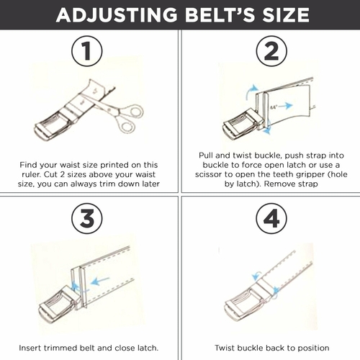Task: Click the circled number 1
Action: click(x=87, y=51)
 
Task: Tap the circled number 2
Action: click(x=271, y=51)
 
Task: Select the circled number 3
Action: click(x=87, y=218)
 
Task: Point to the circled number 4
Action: click(x=271, y=218)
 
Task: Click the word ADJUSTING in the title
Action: click(x=117, y=15)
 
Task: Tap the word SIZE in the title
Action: click(x=286, y=15)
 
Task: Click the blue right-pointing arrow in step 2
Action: click(x=287, y=105)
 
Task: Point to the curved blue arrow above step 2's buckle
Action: click(x=250, y=91)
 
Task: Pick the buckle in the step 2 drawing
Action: click(x=243, y=124)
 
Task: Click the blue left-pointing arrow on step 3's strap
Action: click(x=101, y=281)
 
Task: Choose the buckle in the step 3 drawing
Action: click(x=59, y=303)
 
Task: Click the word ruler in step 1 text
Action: click(x=31, y=174)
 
